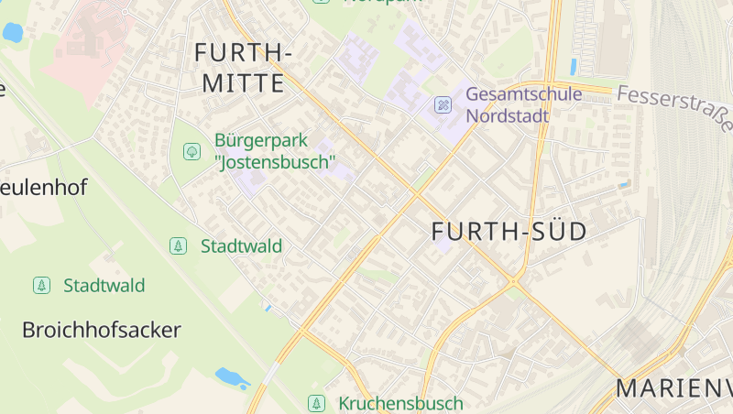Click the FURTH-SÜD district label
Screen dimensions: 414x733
509,232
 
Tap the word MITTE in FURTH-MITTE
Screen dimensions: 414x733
243,83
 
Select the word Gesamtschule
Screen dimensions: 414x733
523,94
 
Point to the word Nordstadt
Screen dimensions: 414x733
507,116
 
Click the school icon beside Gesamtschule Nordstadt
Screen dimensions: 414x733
443,105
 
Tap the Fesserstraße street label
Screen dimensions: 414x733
675,108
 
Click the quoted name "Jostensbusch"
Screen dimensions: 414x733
275,163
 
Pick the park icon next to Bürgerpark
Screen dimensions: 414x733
191,151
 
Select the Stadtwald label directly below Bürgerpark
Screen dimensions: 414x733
241,245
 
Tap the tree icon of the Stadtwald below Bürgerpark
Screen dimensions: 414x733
178,245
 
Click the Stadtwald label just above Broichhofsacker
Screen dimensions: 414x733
104,285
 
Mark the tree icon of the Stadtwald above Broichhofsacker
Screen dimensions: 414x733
41,285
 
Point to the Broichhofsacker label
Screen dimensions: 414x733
101,330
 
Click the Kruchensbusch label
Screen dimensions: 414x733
400,403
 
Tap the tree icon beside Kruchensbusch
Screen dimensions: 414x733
316,403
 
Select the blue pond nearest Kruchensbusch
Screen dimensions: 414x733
231,376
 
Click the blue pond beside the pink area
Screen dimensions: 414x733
12,33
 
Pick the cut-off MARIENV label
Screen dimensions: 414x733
673,388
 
